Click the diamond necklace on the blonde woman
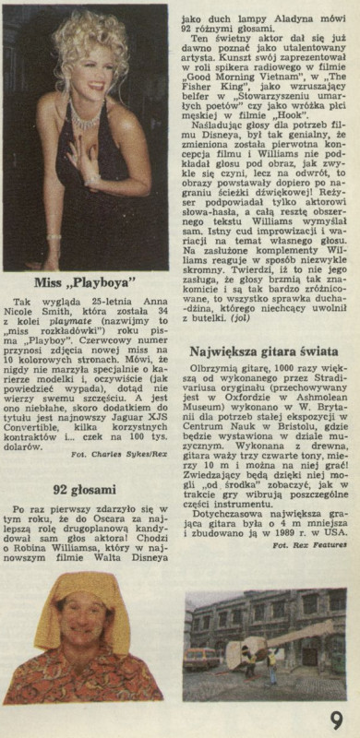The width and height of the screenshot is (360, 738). pyautogui.click(x=87, y=119)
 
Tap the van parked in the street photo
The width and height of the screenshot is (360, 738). pyautogui.click(x=201, y=658)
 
